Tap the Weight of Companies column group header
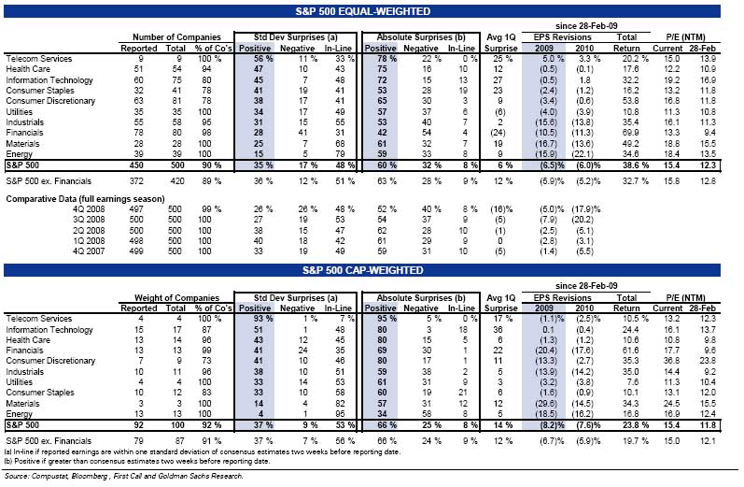[170, 293]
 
